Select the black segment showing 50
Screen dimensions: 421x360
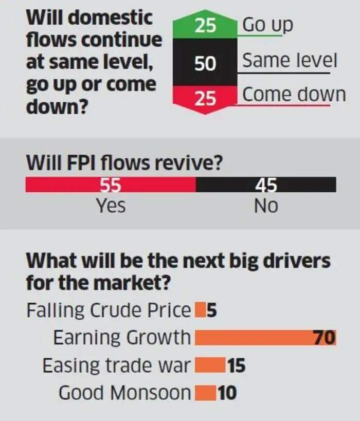pos(205,63)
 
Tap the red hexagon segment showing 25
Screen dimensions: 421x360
pos(205,98)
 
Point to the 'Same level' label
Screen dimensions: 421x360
pos(290,61)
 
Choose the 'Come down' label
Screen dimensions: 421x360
pos(294,95)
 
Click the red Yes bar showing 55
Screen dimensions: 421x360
pos(111,185)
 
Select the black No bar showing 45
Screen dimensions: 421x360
pos(266,185)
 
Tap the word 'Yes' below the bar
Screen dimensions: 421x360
pos(111,206)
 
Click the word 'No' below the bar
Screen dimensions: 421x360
pos(266,206)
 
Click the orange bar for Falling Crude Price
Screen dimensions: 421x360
pos(199,310)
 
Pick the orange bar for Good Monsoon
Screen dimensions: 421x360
pos(205,393)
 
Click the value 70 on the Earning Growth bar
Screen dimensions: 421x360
pos(325,338)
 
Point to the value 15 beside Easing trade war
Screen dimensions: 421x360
pos(235,365)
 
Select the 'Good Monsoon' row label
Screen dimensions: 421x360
pos(124,393)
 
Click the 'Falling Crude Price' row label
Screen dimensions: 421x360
pos(109,310)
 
